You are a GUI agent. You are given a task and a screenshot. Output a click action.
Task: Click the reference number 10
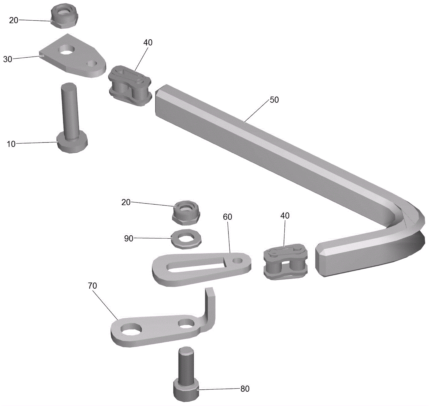click(11, 144)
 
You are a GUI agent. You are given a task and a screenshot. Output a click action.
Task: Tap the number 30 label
click(8, 59)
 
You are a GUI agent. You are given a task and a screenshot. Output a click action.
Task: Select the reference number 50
click(274, 100)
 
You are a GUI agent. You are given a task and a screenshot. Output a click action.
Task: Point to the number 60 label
click(227, 217)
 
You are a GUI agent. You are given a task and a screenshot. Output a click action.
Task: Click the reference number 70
click(92, 286)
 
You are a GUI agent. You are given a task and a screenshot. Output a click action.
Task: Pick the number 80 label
click(245, 389)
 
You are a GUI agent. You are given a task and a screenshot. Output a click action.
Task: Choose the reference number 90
click(129, 239)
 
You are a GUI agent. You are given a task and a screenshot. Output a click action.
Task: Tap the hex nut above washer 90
click(186, 213)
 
